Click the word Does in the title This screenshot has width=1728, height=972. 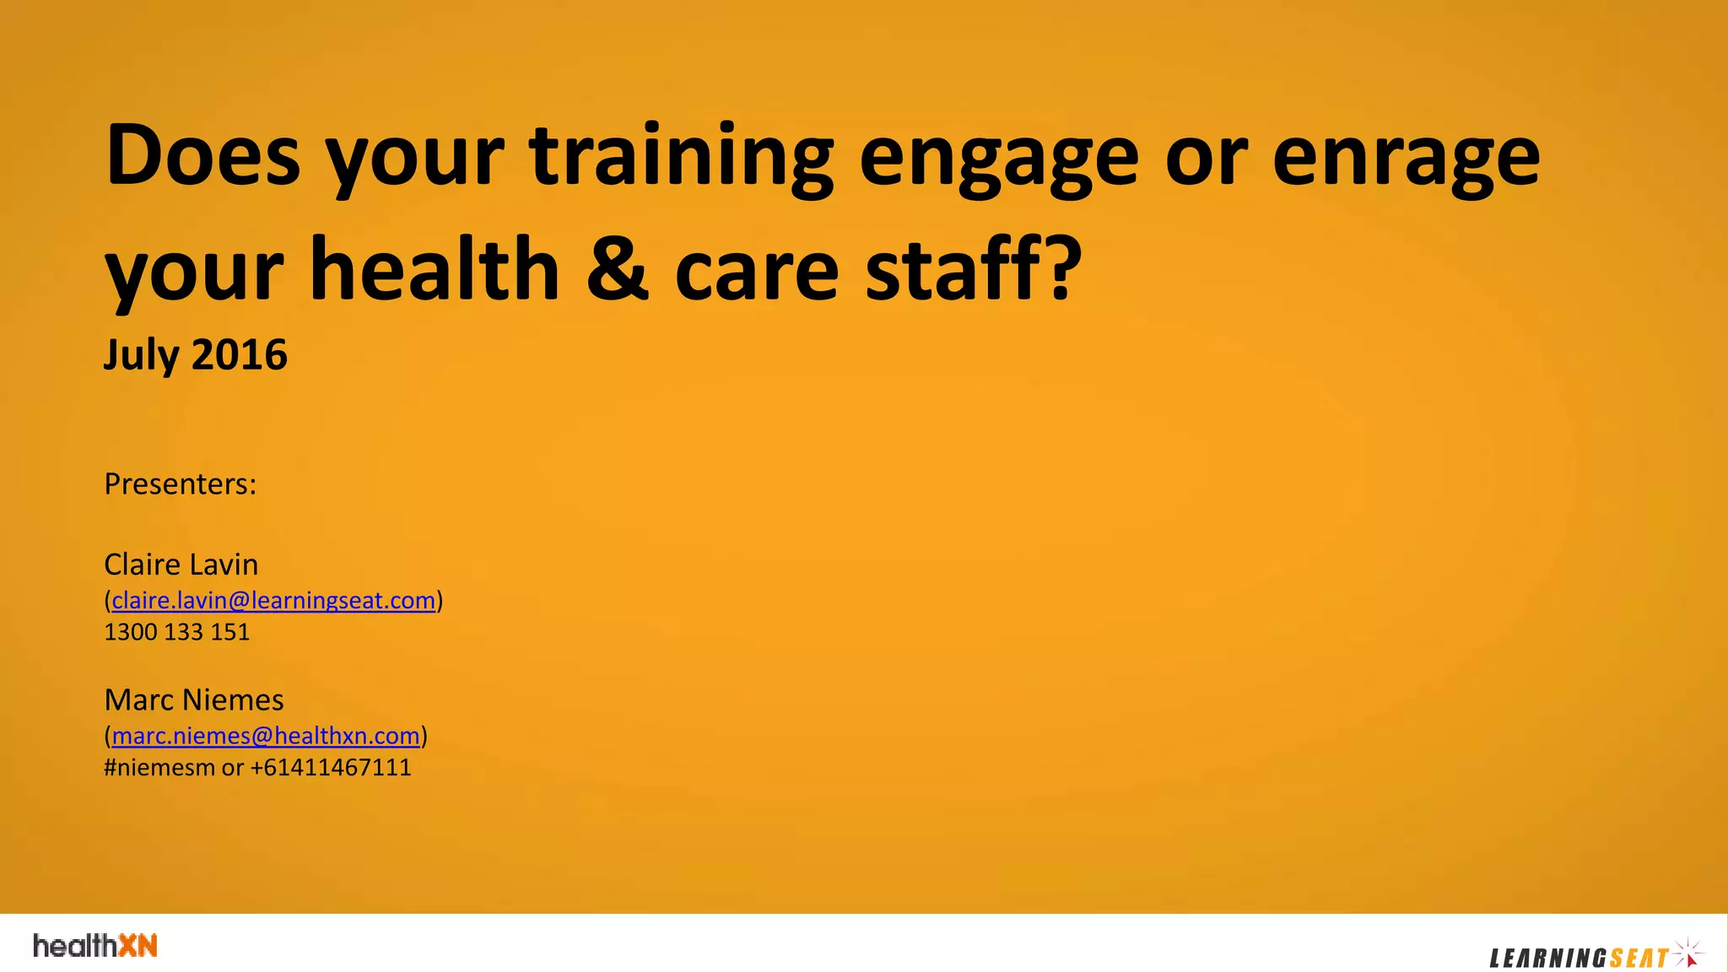pyautogui.click(x=202, y=155)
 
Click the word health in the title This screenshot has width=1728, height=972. pyautogui.click(x=435, y=270)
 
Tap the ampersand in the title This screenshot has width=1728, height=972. pyautogui.click(x=618, y=270)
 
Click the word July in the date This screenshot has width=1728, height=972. pyautogui.click(x=141, y=355)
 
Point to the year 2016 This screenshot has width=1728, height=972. pyautogui.click(x=240, y=355)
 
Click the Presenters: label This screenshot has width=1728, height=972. pyautogui.click(x=180, y=484)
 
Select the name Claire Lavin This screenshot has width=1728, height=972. pyautogui.click(x=181, y=564)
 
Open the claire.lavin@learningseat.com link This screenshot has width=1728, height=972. pyautogui.click(x=273, y=601)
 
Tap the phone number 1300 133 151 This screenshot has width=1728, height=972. pyautogui.click(x=176, y=632)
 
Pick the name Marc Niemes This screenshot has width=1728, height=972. pyautogui.click(x=193, y=700)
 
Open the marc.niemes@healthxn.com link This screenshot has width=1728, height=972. pyautogui.click(x=266, y=736)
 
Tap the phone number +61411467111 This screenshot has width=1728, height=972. pyautogui.click(x=331, y=768)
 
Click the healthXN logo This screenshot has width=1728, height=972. pyautogui.click(x=95, y=946)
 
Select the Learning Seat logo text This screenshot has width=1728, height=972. pyautogui.click(x=1579, y=958)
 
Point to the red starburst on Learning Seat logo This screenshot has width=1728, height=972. pyautogui.click(x=1689, y=954)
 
